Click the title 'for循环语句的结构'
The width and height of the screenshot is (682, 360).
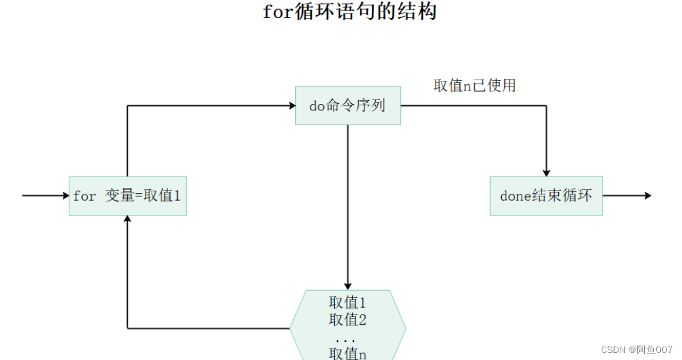pyautogui.click(x=350, y=12)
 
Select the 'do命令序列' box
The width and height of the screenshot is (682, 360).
pyautogui.click(x=348, y=106)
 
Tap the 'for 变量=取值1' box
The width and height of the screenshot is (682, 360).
pyautogui.click(x=128, y=196)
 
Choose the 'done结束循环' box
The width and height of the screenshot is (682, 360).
pyautogui.click(x=546, y=196)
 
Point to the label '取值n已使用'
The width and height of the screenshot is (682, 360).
pyautogui.click(x=475, y=86)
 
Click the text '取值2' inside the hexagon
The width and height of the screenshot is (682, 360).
pyautogui.click(x=348, y=319)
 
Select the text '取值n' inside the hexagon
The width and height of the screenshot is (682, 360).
pyautogui.click(x=348, y=353)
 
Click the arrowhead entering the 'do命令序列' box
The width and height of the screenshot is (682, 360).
pyautogui.click(x=291, y=106)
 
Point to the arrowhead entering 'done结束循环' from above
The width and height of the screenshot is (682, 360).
pyautogui.click(x=546, y=172)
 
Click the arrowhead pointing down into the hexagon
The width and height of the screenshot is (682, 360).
pyautogui.click(x=348, y=286)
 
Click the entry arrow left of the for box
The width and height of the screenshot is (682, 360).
pyautogui.click(x=45, y=195)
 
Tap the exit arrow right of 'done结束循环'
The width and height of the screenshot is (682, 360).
pyautogui.click(x=627, y=195)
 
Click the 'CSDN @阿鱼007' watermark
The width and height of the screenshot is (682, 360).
pyautogui.click(x=636, y=350)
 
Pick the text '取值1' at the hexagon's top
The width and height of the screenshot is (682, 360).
pyautogui.click(x=348, y=302)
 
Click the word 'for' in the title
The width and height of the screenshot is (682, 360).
pyautogui.click(x=278, y=12)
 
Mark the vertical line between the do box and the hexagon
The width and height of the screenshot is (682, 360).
pyautogui.click(x=348, y=205)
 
